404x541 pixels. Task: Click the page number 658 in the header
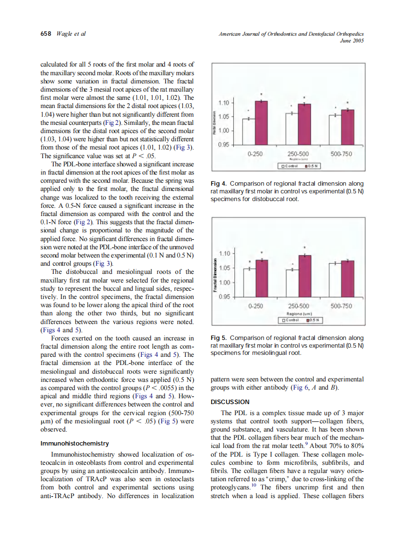coord(44,34)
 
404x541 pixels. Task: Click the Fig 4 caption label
coord(219,184)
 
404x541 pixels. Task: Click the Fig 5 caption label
coord(219,338)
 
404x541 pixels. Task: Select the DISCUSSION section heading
coord(230,402)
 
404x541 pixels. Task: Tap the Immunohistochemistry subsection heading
coord(75,443)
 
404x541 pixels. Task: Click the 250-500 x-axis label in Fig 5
coord(298,306)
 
